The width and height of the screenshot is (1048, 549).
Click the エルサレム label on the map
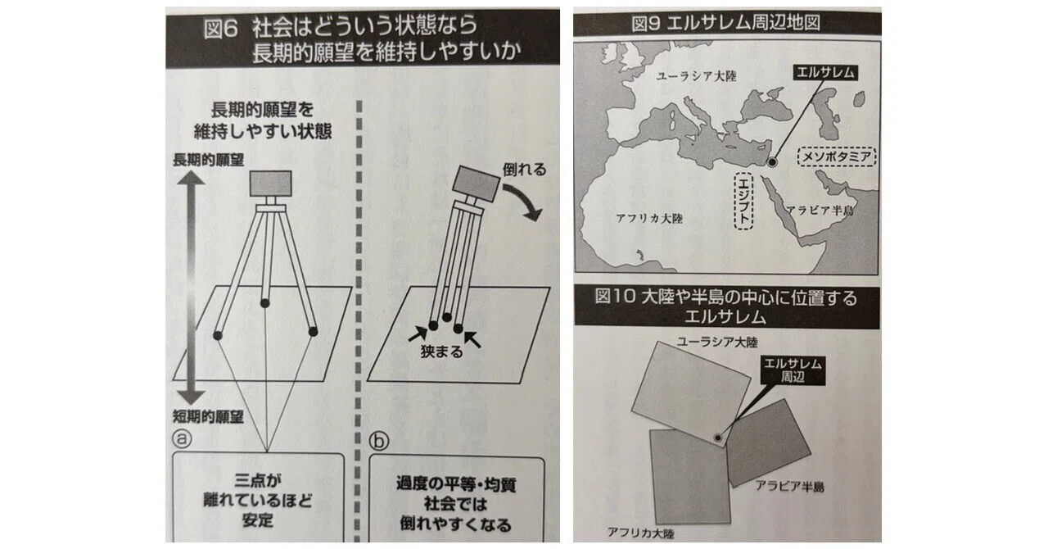[x=825, y=73]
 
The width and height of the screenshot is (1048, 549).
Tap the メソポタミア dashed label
[x=837, y=157]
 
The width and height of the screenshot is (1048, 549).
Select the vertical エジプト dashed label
[x=743, y=201]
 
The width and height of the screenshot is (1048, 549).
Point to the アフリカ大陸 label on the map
[x=649, y=218]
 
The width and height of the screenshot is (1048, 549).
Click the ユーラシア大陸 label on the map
[x=696, y=76]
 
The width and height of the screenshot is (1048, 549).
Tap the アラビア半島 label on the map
[x=820, y=211]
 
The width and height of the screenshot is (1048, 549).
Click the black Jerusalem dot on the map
[x=772, y=162]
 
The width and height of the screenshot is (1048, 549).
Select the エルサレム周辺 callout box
[x=793, y=370]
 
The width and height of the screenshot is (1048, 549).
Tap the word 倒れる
[x=525, y=169]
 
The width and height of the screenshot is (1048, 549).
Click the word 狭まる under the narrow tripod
[x=441, y=352]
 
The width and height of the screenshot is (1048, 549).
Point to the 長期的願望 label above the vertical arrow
[x=209, y=161]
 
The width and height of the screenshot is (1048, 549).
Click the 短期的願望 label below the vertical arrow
[x=208, y=416]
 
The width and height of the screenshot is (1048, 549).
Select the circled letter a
[x=182, y=439]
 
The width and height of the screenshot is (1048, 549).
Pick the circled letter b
[x=378, y=441]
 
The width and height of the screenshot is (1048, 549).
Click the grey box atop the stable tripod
[x=270, y=184]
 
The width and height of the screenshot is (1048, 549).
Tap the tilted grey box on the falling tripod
[x=476, y=184]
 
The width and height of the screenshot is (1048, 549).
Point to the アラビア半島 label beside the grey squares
[x=789, y=487]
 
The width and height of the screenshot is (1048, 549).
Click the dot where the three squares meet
[x=718, y=438]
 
